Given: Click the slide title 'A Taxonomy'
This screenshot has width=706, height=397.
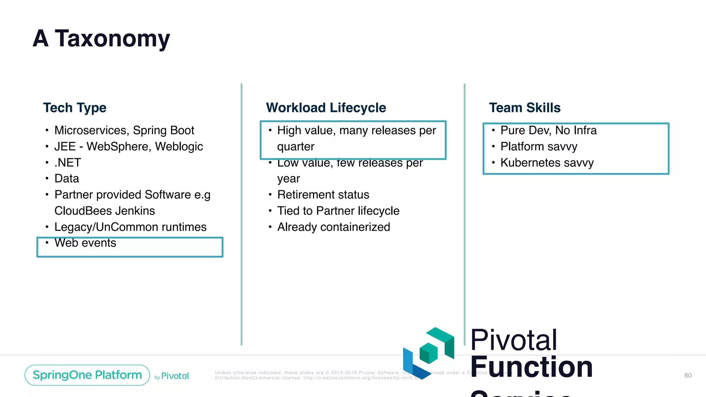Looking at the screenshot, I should pyautogui.click(x=101, y=39).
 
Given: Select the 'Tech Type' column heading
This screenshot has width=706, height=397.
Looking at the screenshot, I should pyautogui.click(x=75, y=108).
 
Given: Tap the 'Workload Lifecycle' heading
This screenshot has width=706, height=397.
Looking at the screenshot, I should pyautogui.click(x=326, y=108).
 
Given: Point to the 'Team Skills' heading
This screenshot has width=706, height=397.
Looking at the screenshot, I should pyautogui.click(x=525, y=108).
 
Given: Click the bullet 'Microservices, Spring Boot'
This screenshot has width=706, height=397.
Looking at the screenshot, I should pyautogui.click(x=124, y=130).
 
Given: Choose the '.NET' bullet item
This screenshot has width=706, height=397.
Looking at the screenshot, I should pyautogui.click(x=68, y=162).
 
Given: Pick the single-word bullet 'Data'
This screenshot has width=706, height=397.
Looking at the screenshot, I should pyautogui.click(x=67, y=179).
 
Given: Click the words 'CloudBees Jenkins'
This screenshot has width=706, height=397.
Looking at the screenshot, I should pyautogui.click(x=105, y=211).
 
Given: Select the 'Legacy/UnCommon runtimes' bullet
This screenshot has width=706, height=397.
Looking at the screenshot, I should pyautogui.click(x=130, y=227).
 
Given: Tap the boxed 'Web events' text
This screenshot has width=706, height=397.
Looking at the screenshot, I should pyautogui.click(x=85, y=243).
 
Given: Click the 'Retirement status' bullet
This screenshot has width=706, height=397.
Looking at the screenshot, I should pyautogui.click(x=323, y=195).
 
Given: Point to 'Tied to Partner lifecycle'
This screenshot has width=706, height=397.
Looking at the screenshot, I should pyautogui.click(x=338, y=211).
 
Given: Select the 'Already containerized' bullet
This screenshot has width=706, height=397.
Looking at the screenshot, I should pyautogui.click(x=334, y=227).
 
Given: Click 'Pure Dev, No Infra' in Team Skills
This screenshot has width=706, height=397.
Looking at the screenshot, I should pyautogui.click(x=548, y=130).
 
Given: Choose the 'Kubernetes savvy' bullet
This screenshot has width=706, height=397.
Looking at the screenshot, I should pyautogui.click(x=547, y=162).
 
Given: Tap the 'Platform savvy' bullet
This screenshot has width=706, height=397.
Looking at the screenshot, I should pyautogui.click(x=539, y=146).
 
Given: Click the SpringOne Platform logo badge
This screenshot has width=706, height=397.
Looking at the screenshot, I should pyautogui.click(x=87, y=375).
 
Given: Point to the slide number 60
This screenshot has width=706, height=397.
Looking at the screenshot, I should pyautogui.click(x=688, y=375).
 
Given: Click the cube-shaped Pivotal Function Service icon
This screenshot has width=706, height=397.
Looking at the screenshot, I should pyautogui.click(x=428, y=353).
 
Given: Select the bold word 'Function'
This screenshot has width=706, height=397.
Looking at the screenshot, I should pyautogui.click(x=531, y=367).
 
